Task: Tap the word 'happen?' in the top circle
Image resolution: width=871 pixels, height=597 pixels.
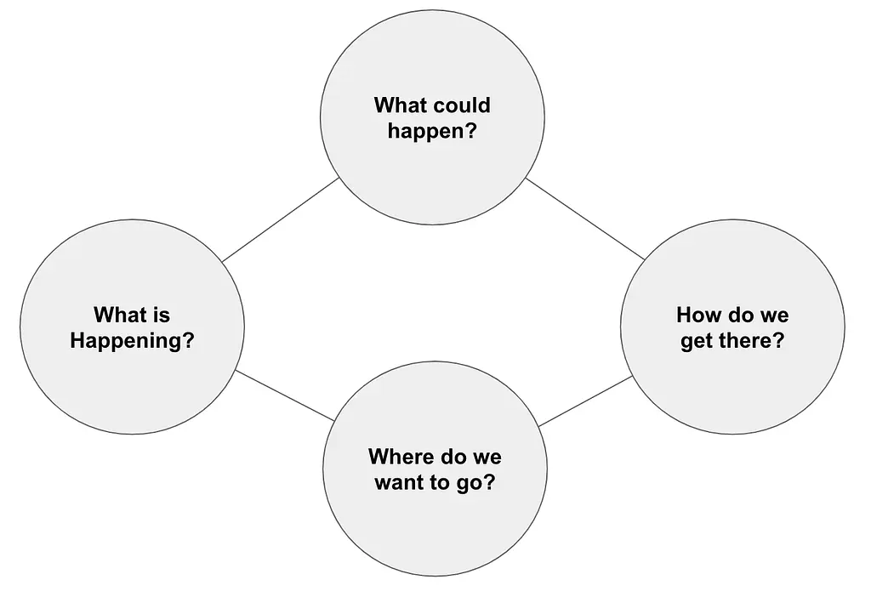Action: [x=432, y=132]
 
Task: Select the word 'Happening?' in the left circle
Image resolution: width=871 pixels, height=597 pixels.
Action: [x=132, y=341]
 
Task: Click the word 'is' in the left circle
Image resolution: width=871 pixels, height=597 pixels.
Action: [x=161, y=315]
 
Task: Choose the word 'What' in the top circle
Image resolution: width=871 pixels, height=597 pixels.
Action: [x=398, y=105]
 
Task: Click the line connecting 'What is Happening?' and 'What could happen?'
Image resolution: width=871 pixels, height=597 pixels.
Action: [x=281, y=220]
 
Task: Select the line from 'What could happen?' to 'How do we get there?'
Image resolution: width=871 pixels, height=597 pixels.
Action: [x=585, y=219]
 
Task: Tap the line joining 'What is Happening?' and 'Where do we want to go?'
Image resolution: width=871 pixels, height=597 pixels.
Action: [x=285, y=396]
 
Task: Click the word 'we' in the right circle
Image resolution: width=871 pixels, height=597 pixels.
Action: [x=774, y=316]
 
